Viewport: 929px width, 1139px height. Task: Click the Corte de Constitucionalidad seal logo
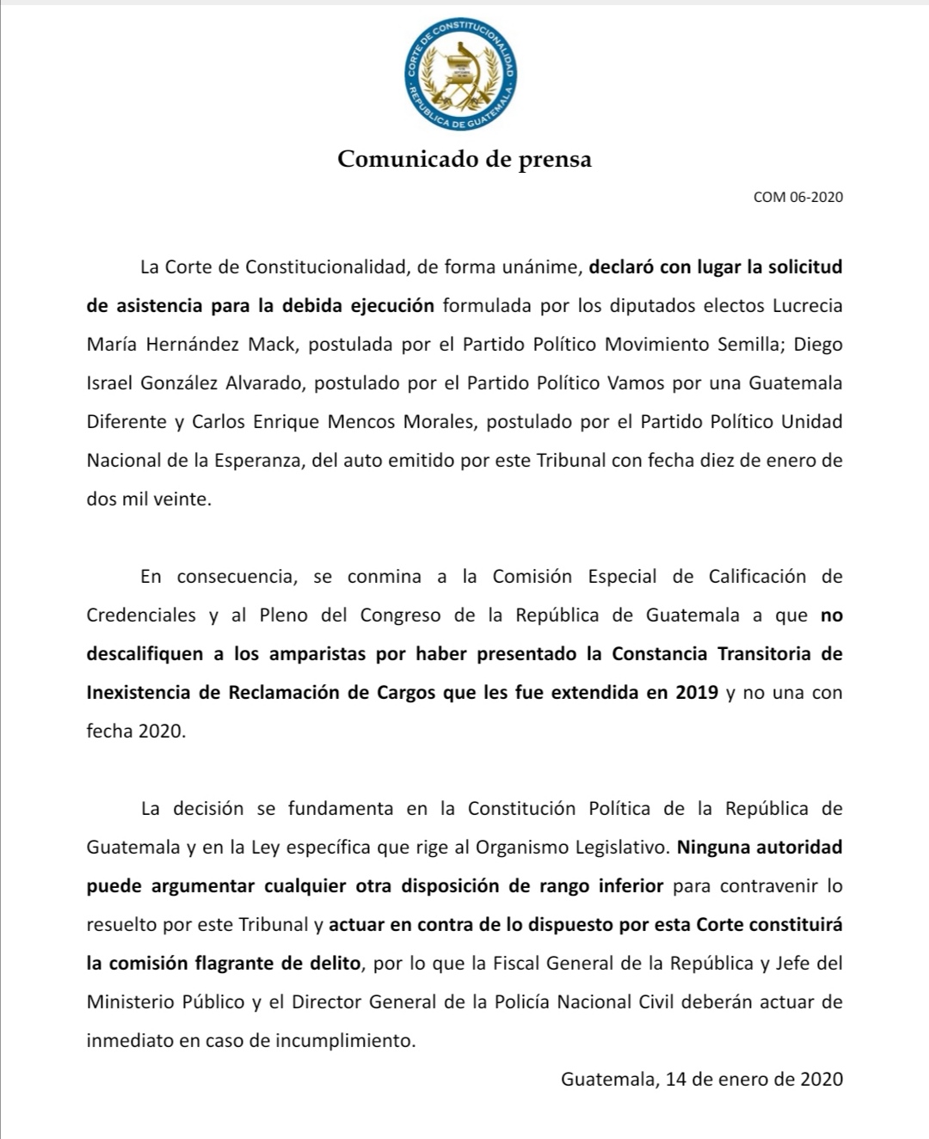point(462,75)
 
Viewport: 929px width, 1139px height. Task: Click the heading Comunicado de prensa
point(464,159)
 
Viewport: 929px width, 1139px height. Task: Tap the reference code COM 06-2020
point(797,197)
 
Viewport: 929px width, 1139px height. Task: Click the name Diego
point(818,344)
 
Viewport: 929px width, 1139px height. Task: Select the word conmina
point(384,576)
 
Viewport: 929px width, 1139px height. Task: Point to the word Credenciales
point(141,615)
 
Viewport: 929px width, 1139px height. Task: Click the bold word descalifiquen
point(145,653)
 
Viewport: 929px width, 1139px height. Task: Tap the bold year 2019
point(697,692)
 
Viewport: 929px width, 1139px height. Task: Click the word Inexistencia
point(142,692)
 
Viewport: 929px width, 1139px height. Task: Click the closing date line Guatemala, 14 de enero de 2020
point(702,1079)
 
